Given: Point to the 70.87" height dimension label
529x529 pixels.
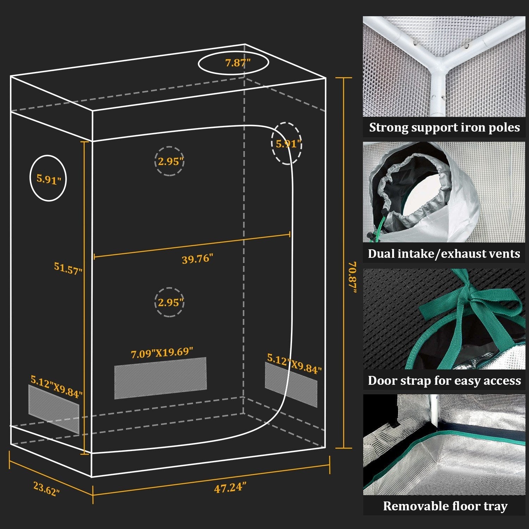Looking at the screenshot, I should point(352,277).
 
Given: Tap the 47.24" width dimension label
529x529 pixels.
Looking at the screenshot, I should point(230,488).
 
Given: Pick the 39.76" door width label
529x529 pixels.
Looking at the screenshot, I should point(197,259).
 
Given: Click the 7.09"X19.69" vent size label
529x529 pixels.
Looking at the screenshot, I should point(162,353).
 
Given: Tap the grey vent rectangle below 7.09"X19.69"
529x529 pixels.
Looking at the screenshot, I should point(160,378).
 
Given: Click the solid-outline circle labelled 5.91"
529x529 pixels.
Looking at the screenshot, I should point(48,178).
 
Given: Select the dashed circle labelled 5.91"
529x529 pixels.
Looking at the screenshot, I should point(287,143).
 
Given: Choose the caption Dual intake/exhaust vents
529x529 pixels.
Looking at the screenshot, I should point(444,254).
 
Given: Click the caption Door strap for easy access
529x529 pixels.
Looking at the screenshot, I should point(444,381).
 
